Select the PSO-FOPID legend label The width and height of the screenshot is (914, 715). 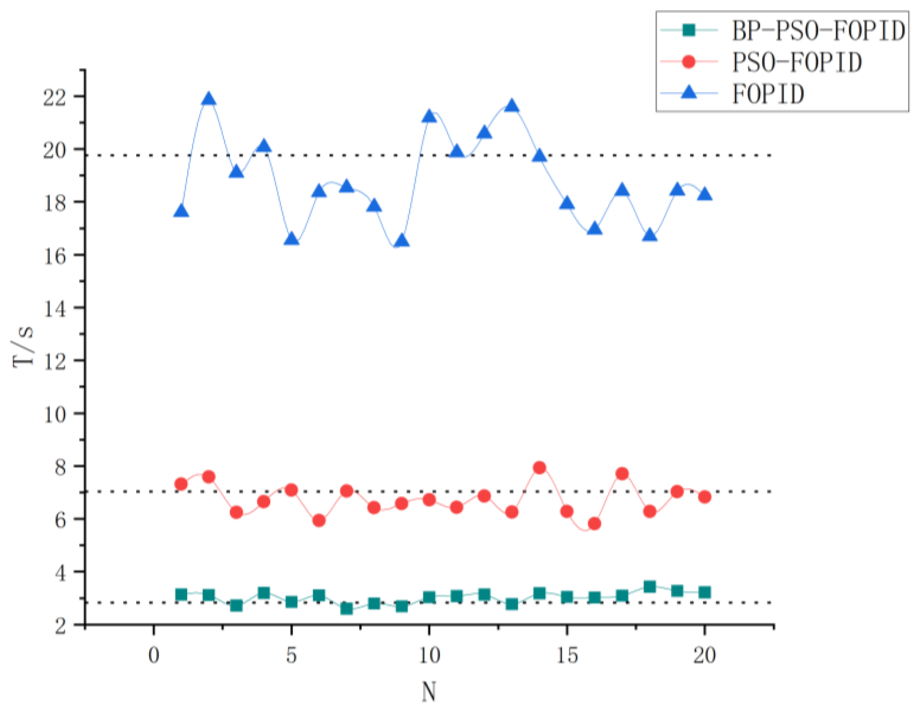797,62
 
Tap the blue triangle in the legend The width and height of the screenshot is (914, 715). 688,92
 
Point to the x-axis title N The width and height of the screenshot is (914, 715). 428,692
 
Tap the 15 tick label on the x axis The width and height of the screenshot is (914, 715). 566,655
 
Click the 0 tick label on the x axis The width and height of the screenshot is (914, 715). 154,655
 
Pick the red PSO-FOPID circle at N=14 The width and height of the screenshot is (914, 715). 539,467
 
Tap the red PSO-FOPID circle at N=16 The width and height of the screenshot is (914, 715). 594,523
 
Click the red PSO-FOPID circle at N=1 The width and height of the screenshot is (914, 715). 181,484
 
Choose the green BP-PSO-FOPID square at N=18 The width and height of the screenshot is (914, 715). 649,586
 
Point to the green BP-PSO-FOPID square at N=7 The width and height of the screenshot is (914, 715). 346,608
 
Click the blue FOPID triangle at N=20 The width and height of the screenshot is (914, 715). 705,195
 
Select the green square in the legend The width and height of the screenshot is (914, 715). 688,30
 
